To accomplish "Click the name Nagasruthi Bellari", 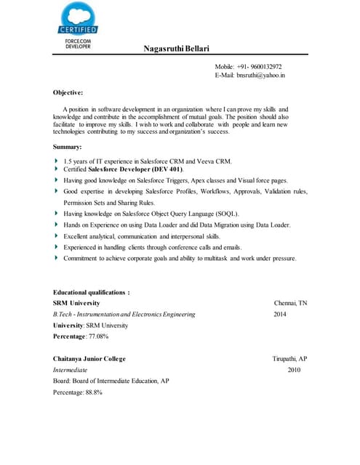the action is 176,49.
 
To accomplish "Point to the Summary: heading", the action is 68,147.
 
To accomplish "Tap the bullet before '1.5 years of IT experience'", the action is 57,160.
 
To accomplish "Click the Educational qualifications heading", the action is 91,292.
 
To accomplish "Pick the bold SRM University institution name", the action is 76,303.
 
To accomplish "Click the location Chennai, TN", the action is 290,303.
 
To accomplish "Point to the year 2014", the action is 280,315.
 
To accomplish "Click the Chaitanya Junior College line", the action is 89,359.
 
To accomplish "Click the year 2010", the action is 294,370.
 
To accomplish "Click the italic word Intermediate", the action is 70,370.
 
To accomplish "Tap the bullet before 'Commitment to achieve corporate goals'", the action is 57,258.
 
